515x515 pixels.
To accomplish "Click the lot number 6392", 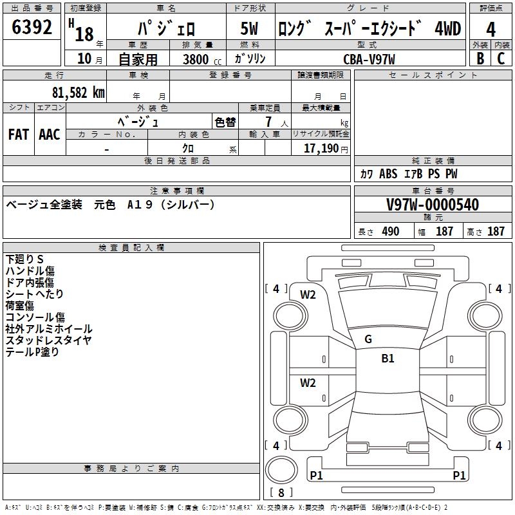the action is click(x=32, y=28).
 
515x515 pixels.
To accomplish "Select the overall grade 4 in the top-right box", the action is click(x=491, y=29).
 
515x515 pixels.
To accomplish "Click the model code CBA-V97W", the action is click(x=369, y=59).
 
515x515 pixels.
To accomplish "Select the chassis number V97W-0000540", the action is click(x=433, y=205).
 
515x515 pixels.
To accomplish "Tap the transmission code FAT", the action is click(x=18, y=134).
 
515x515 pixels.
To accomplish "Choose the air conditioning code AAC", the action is click(x=50, y=134).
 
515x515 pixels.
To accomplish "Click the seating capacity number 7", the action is click(x=268, y=122).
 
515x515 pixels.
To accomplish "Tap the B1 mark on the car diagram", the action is click(x=388, y=359).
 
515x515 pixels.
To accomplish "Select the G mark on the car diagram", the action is click(x=368, y=339).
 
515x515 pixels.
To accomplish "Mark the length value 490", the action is click(x=390, y=232).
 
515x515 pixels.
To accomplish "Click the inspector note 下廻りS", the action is click(x=24, y=259).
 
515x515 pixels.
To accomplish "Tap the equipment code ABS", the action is click(x=388, y=174).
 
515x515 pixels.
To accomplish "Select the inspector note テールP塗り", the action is click(x=32, y=351).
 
